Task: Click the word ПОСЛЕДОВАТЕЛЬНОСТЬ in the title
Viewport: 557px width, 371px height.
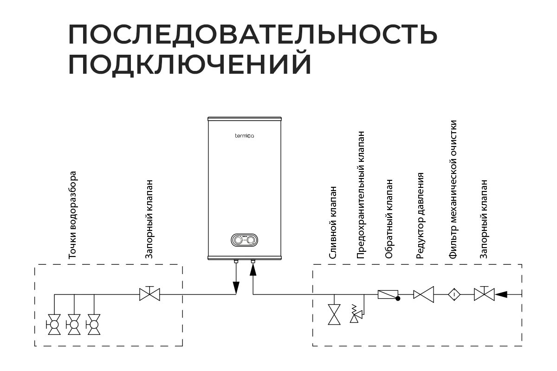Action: click(253, 35)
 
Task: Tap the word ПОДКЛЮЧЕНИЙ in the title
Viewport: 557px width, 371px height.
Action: click(189, 64)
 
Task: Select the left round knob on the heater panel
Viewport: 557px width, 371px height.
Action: click(237, 240)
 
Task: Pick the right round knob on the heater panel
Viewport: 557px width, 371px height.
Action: click(251, 240)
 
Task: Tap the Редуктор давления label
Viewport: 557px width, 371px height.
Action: click(420, 216)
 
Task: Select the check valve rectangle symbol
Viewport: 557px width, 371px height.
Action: click(388, 294)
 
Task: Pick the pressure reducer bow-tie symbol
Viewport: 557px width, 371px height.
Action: click(424, 294)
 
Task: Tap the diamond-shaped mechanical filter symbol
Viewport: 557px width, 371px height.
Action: click(453, 294)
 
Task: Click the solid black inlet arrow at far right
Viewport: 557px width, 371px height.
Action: click(502, 294)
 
